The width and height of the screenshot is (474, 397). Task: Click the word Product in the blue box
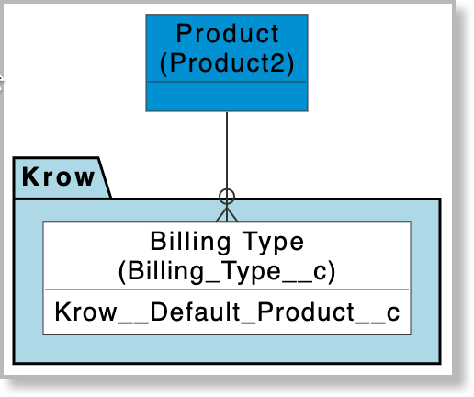pyautogui.click(x=227, y=35)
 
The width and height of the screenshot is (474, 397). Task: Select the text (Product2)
pyautogui.click(x=227, y=63)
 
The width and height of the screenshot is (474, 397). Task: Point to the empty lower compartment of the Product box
pyautogui.click(x=227, y=96)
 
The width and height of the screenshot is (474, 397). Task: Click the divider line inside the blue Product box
pyautogui.click(x=227, y=82)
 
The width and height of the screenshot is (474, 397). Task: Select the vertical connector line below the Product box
pyautogui.click(x=227, y=147)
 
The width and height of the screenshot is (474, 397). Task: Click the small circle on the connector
pyautogui.click(x=227, y=195)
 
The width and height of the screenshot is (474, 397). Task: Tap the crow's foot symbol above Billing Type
pyautogui.click(x=227, y=212)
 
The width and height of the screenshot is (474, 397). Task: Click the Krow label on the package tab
pyautogui.click(x=58, y=176)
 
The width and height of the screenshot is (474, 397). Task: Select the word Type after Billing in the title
pyautogui.click(x=272, y=243)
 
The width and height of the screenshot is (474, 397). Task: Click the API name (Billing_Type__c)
pyautogui.click(x=227, y=271)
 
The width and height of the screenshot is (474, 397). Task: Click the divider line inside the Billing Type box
pyautogui.click(x=227, y=290)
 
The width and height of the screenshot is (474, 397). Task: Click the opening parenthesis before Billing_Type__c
pyautogui.click(x=123, y=272)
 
